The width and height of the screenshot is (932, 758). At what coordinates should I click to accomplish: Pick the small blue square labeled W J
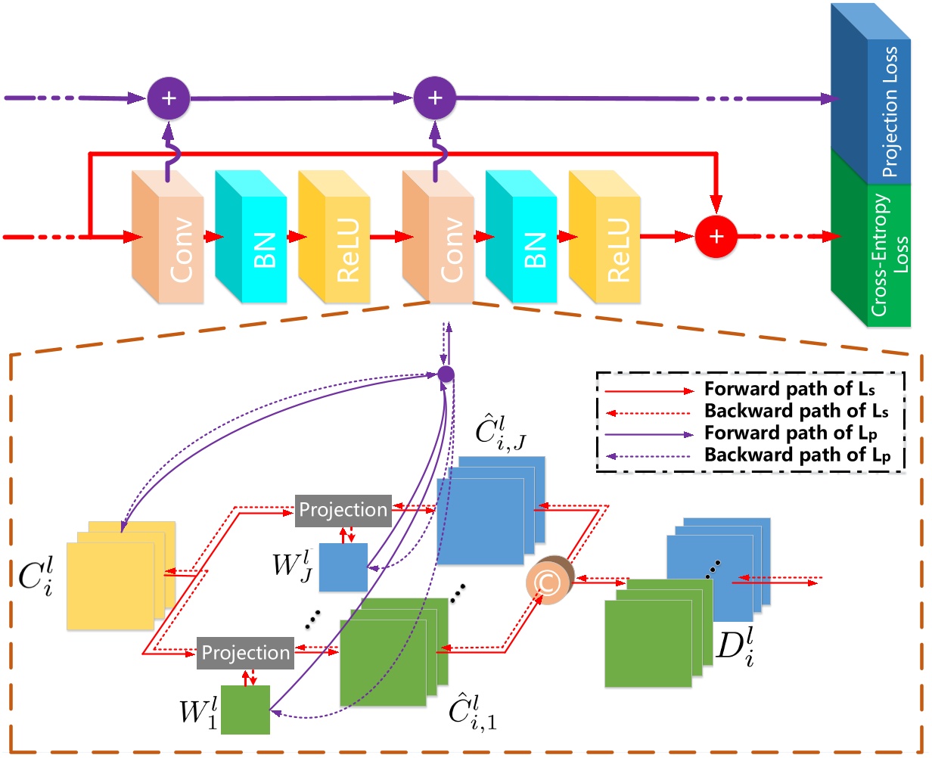point(343,567)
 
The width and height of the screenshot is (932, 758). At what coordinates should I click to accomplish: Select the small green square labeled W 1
point(245,710)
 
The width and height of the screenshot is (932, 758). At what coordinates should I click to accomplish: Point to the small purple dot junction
point(446,374)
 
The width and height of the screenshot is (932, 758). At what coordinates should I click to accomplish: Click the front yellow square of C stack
point(110,586)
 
